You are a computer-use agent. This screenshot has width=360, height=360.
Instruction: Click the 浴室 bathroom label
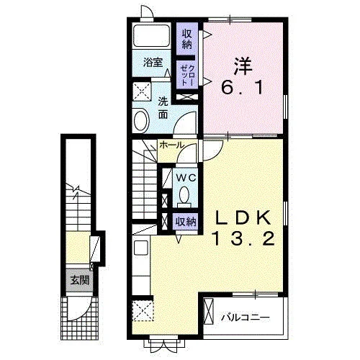153,63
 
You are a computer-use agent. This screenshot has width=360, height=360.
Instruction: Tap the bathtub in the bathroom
152,35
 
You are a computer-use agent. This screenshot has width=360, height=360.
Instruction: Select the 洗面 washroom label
163,108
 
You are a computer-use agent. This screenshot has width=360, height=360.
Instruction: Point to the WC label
186,178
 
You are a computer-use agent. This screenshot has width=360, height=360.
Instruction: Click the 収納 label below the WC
186,222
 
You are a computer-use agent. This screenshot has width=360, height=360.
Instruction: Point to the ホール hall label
172,145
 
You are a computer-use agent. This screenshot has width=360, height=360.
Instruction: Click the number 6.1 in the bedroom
243,87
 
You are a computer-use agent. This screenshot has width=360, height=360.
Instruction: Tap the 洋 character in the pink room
243,66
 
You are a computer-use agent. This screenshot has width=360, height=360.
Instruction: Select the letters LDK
243,217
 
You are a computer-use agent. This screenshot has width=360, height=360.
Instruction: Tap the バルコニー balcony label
246,318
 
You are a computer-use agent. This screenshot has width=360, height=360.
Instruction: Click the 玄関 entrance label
79,280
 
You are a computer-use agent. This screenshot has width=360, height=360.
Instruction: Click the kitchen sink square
141,248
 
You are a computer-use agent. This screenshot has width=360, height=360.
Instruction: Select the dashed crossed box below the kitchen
143,310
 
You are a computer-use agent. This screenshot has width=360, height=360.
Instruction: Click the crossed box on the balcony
208,311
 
